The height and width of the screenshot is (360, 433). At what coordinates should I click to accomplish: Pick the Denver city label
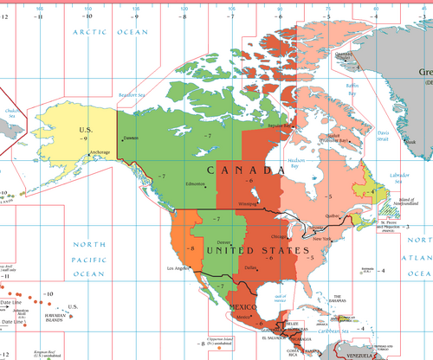(x=224, y=241)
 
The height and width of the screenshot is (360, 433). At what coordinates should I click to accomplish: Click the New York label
(x=322, y=238)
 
